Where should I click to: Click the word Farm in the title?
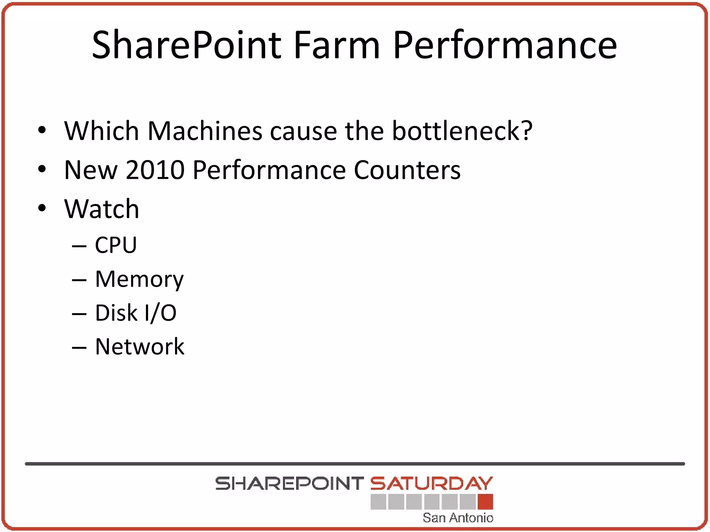tap(337, 45)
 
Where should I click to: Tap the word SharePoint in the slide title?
tap(187, 45)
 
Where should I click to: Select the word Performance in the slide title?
tap(505, 45)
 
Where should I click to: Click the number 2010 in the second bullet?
tap(155, 170)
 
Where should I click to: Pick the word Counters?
tap(407, 170)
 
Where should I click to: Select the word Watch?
tap(102, 209)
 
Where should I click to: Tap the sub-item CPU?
tap(116, 245)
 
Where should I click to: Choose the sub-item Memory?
tap(139, 279)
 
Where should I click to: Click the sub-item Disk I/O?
tap(136, 313)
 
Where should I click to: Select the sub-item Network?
tap(140, 346)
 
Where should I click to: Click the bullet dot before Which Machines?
tap(42, 130)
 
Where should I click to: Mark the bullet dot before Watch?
tap(42, 209)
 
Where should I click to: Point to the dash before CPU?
tap(79, 246)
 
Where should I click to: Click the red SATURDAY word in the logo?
tap(431, 484)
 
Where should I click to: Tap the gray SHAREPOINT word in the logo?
tap(289, 484)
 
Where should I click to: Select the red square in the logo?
tap(485, 502)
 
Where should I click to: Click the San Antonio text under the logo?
tap(458, 518)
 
